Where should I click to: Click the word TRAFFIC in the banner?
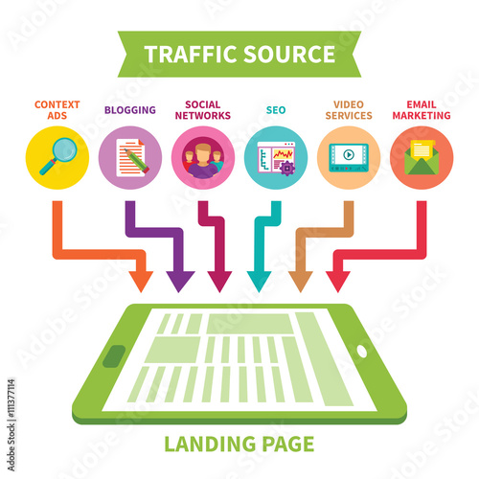click(x=192, y=54)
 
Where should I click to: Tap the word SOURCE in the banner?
click(x=290, y=54)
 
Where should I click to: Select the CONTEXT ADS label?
click(x=57, y=110)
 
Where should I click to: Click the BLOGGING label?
click(x=130, y=110)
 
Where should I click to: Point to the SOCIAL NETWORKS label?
click(x=203, y=110)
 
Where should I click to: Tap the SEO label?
click(x=276, y=110)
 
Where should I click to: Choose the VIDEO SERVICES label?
click(x=349, y=110)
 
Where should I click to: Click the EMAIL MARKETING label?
click(x=422, y=110)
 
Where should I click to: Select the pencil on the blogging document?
click(x=137, y=161)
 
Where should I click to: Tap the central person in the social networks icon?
click(x=203, y=160)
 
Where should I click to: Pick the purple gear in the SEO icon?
click(x=287, y=168)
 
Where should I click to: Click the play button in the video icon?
click(x=349, y=155)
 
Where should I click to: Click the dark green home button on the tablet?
click(x=114, y=356)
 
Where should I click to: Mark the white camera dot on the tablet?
click(x=362, y=351)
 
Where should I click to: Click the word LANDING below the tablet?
click(x=210, y=444)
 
